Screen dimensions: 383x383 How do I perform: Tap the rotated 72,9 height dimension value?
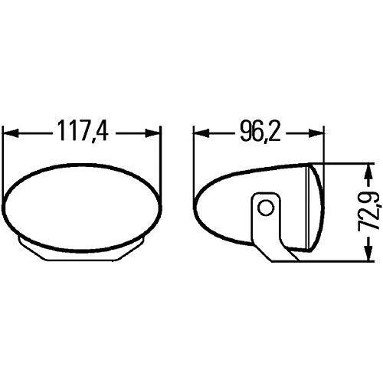[x=374, y=211]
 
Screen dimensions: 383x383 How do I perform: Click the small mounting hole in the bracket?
[x=265, y=208]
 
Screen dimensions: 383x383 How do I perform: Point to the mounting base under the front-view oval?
[x=83, y=249]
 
